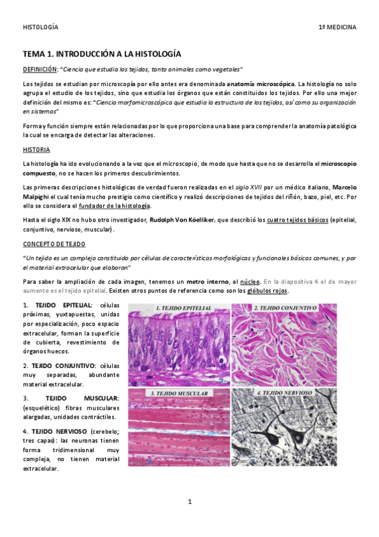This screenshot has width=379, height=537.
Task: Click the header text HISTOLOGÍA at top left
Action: [40, 27]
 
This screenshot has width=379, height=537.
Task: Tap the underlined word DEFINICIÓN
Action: [40, 69]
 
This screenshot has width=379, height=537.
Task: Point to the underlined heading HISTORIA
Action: [37, 149]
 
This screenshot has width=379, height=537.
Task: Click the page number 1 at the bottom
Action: [189, 502]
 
